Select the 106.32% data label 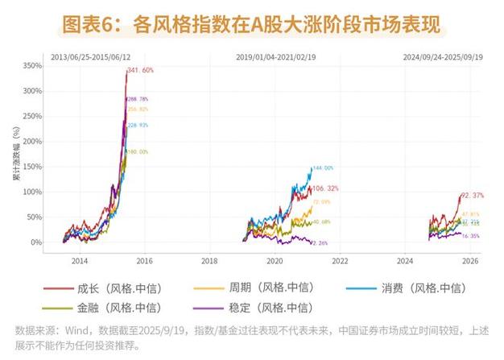[325, 188]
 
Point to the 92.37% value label [476, 196]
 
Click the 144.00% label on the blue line [322, 168]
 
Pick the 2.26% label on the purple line [320, 242]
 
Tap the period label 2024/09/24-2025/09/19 [444, 58]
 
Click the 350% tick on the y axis [32, 65]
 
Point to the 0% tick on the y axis [37, 242]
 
